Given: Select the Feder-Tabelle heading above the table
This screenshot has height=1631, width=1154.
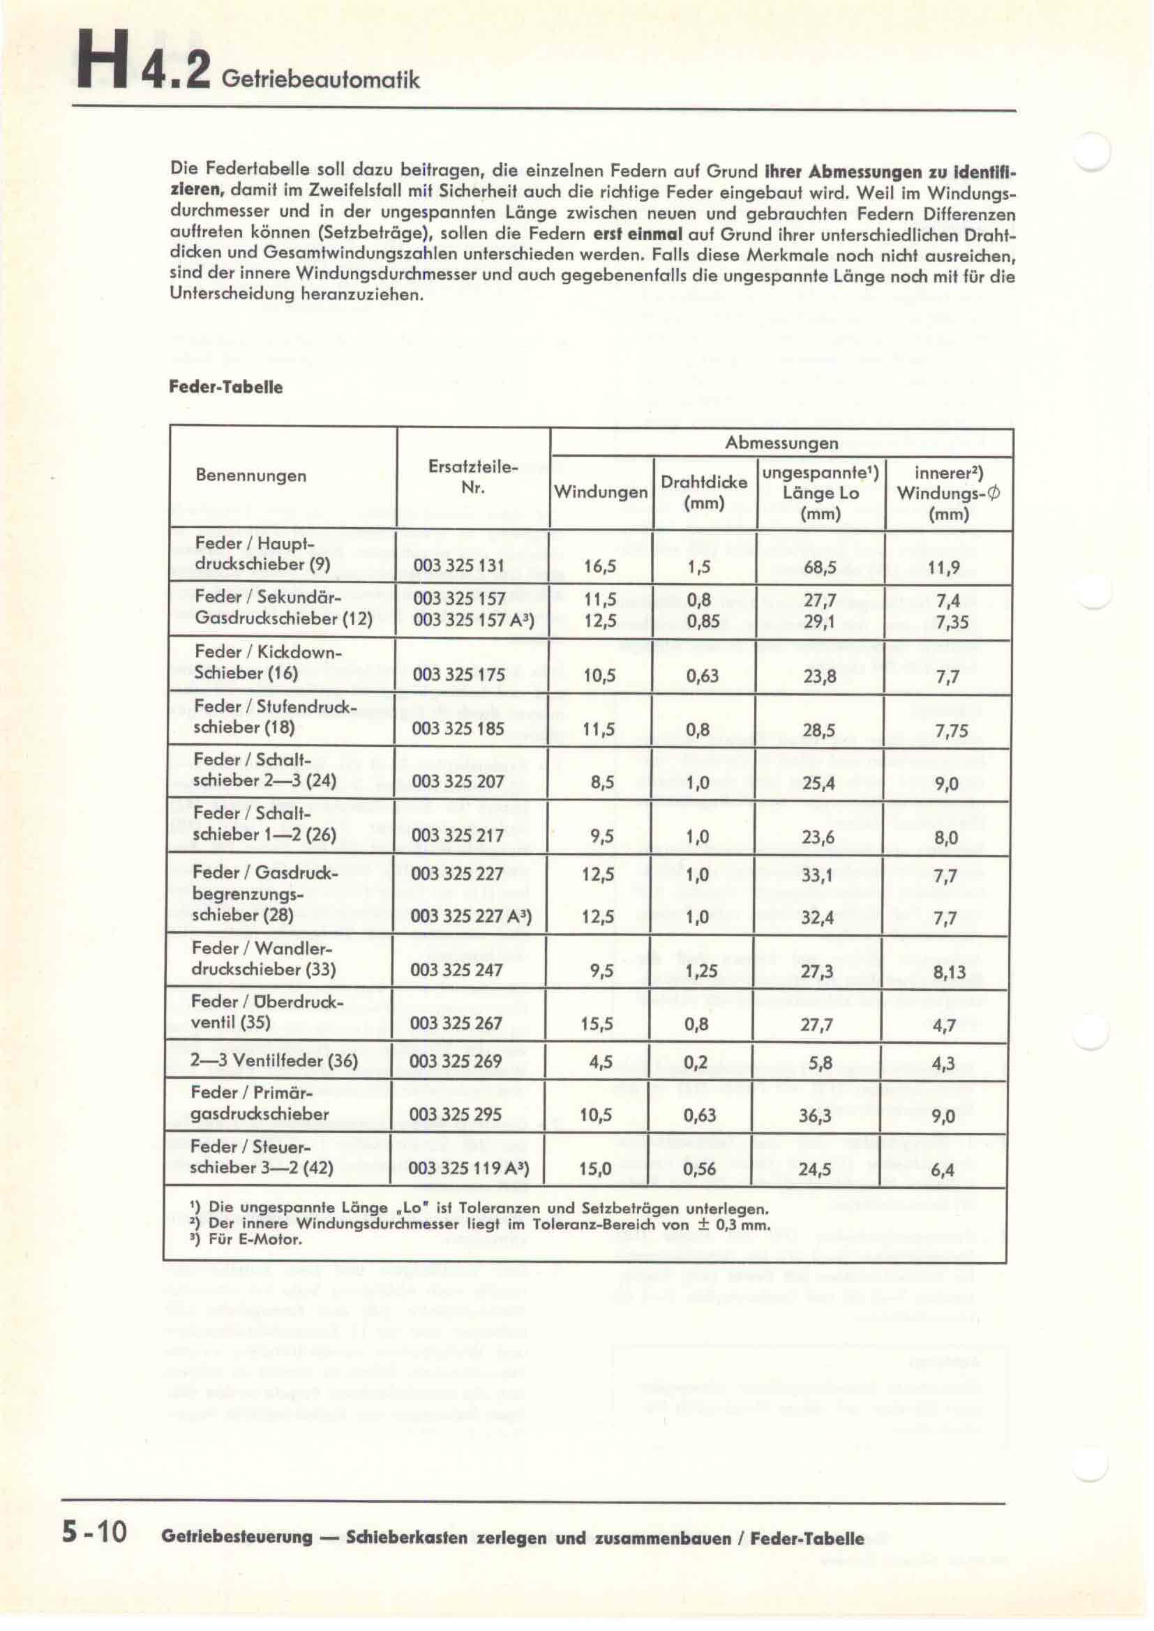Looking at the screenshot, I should [225, 387].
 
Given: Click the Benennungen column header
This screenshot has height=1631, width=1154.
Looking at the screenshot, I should [251, 476].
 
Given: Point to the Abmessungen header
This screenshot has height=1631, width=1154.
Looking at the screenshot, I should [781, 443].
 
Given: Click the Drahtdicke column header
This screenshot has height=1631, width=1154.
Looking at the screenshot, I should [703, 492].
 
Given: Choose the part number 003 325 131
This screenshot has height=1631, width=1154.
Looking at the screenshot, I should [458, 566].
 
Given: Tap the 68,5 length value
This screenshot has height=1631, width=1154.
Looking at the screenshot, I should [820, 568].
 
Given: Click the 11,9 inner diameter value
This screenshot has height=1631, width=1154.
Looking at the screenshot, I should [944, 568].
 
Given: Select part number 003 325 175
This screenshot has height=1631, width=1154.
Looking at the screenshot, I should [458, 674].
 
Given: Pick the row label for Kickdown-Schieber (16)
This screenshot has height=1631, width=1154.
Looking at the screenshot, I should [267, 662].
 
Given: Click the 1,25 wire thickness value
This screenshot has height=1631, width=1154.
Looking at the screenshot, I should [700, 971].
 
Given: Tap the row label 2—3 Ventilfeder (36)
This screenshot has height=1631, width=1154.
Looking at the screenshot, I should [274, 1061].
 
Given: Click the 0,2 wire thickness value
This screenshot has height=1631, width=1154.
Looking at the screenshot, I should [698, 1063].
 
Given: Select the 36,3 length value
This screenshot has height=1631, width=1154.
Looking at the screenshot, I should [815, 1115].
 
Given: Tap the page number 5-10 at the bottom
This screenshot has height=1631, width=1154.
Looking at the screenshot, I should [93, 1532].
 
